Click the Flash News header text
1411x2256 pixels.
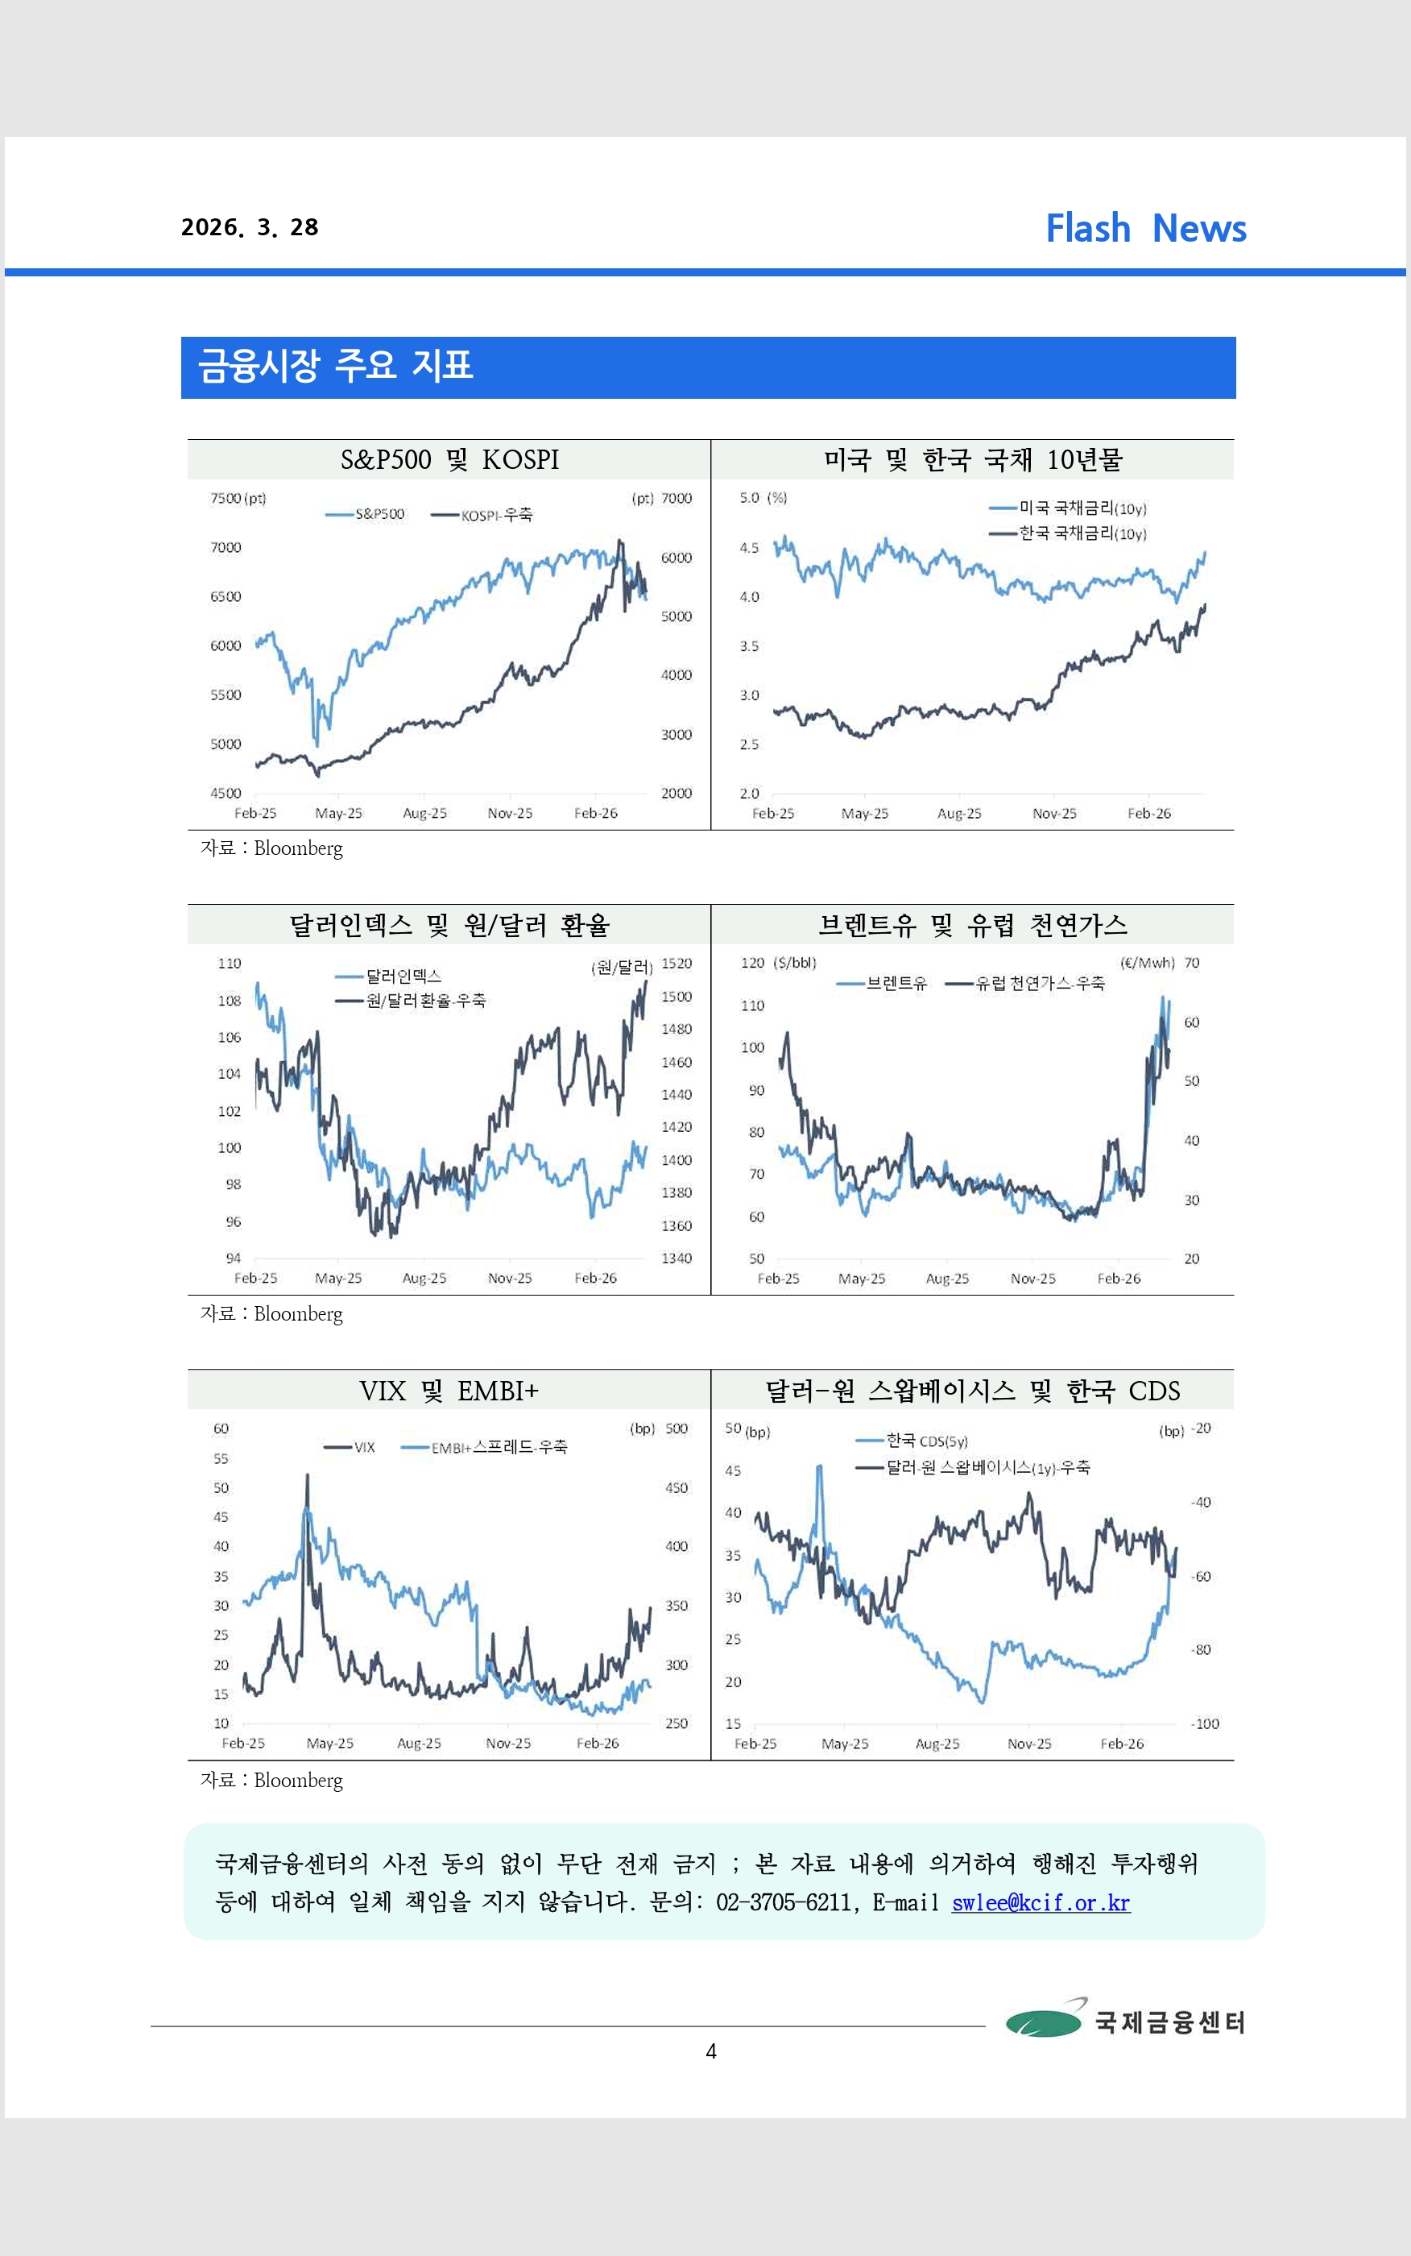click(1145, 229)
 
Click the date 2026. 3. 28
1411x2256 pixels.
click(249, 228)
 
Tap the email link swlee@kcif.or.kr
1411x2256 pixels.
click(1041, 1902)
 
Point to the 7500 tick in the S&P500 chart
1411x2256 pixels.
click(225, 499)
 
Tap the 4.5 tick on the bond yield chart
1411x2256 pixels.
click(748, 548)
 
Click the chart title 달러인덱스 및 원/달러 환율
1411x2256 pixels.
click(449, 925)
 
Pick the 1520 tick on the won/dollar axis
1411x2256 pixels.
click(677, 964)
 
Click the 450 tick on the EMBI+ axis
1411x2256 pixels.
click(676, 1488)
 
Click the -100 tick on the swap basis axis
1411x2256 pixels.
click(1205, 1724)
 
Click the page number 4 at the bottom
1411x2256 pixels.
click(711, 2051)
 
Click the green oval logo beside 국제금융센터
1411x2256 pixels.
click(1043, 2022)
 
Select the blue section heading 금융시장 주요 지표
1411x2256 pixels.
click(335, 366)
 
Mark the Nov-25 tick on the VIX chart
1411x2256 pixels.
click(507, 1744)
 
